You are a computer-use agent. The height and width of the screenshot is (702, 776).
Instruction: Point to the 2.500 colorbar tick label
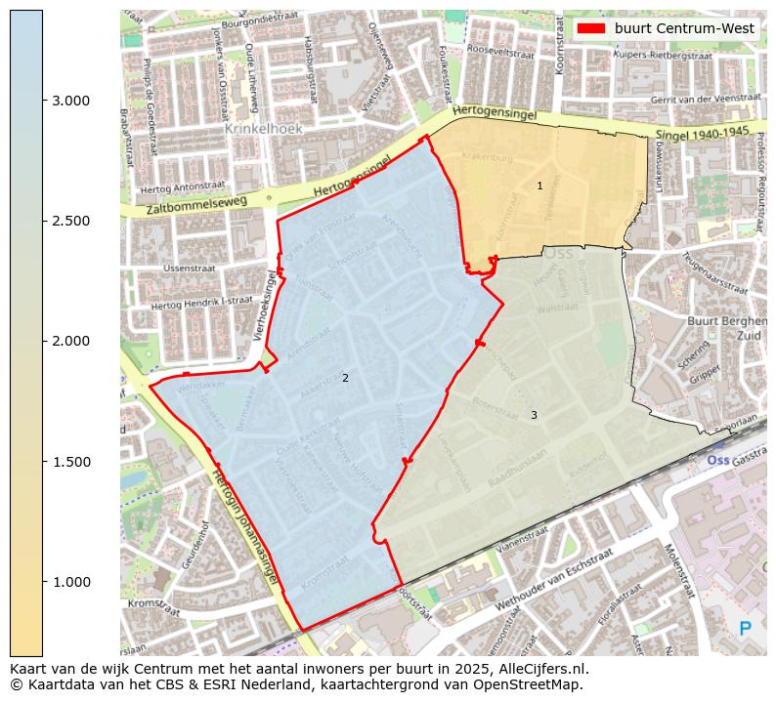click(x=70, y=221)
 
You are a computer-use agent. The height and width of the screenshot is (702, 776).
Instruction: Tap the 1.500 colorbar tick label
click(x=70, y=462)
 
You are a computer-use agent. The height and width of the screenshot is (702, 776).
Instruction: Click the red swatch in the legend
click(x=592, y=28)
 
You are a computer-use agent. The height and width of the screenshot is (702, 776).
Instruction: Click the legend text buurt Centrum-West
click(x=684, y=28)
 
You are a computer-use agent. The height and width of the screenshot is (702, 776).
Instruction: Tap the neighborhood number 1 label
click(x=539, y=186)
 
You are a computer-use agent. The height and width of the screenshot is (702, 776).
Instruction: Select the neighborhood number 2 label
click(x=345, y=378)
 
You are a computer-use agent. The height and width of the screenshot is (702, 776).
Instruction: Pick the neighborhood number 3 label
click(x=534, y=415)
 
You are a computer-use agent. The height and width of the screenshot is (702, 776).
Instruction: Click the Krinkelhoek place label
click(x=264, y=128)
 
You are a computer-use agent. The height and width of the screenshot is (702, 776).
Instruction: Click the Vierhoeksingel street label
click(x=263, y=311)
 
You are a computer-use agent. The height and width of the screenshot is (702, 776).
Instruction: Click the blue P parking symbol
click(x=746, y=630)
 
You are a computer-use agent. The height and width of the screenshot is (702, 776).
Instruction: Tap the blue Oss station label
click(x=717, y=460)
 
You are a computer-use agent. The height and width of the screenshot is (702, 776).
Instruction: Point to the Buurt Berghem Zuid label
click(x=722, y=327)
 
